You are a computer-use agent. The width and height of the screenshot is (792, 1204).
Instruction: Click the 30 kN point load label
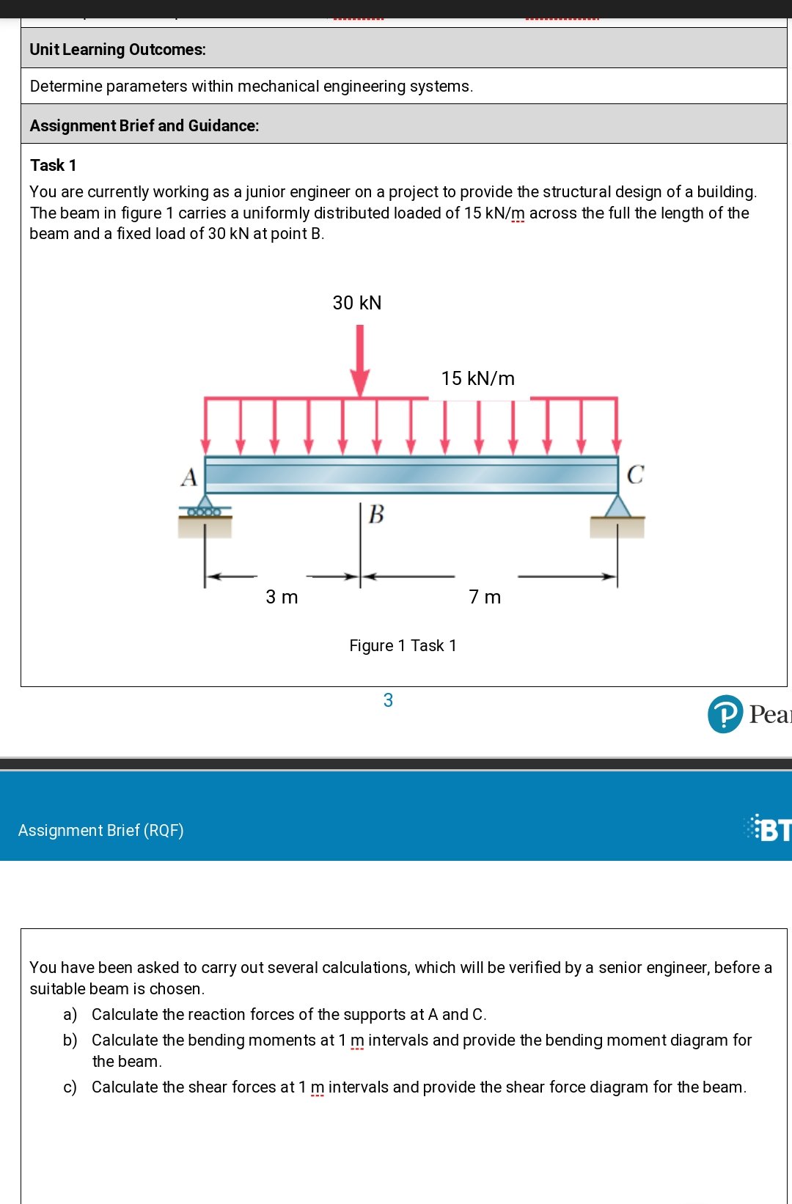(357, 303)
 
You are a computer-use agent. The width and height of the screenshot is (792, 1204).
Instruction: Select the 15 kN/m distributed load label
(478, 378)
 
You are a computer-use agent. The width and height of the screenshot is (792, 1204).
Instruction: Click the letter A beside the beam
(189, 477)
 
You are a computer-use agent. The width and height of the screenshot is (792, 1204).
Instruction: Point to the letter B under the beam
(376, 514)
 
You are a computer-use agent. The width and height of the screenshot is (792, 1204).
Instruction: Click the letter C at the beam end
(635, 475)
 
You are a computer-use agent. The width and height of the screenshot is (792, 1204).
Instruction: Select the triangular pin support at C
(617, 507)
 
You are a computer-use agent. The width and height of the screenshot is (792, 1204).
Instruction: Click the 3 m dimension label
(282, 597)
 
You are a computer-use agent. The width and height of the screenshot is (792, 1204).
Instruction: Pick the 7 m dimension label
(485, 597)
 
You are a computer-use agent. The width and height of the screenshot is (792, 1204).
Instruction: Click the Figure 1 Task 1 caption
(403, 645)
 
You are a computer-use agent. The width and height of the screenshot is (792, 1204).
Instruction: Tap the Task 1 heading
(53, 165)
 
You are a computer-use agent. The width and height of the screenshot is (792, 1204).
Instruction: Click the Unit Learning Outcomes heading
(117, 49)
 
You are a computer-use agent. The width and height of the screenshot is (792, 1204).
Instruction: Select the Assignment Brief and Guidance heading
(144, 125)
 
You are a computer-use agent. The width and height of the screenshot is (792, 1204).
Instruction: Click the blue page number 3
(388, 700)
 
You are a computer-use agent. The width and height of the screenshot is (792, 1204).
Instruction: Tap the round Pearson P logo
(725, 713)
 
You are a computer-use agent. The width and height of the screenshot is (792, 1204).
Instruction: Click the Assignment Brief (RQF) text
(101, 830)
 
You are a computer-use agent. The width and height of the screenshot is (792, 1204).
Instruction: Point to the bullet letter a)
(70, 1014)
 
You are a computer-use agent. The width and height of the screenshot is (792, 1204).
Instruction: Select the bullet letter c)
(70, 1087)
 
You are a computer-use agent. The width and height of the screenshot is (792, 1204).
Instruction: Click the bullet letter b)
(70, 1040)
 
